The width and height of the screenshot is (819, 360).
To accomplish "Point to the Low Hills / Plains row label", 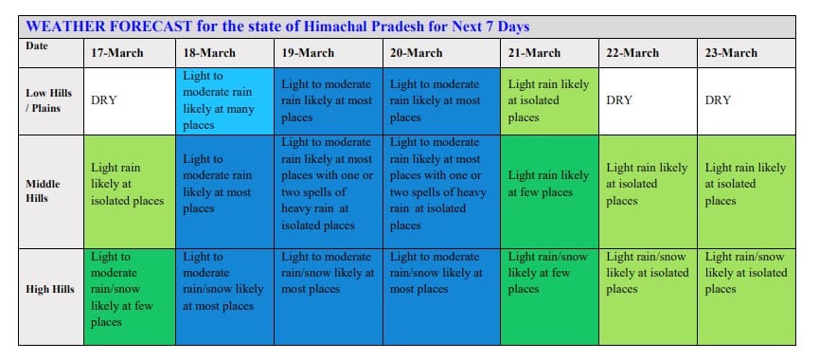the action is [x=49, y=100].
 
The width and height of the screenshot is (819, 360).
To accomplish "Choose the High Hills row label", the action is [x=50, y=289].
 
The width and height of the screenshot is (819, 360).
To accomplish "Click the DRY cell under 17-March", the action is [x=104, y=100].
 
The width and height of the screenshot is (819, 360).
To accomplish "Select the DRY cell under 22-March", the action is [x=619, y=100].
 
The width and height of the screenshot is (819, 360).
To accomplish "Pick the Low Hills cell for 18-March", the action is [x=224, y=100].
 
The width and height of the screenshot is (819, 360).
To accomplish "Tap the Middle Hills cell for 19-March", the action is [x=329, y=191].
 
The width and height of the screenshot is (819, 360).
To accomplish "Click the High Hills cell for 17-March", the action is [x=130, y=297].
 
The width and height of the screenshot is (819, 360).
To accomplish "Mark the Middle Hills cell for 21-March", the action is [x=549, y=191].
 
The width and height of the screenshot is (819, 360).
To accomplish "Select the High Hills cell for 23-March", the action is [x=746, y=297].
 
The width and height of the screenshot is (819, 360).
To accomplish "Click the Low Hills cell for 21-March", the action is [x=549, y=100].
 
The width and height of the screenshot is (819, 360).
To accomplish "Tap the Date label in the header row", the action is [x=37, y=46].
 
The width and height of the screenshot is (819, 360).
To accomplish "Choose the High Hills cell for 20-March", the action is [x=441, y=297].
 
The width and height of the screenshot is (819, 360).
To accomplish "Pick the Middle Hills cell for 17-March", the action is [x=130, y=191].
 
